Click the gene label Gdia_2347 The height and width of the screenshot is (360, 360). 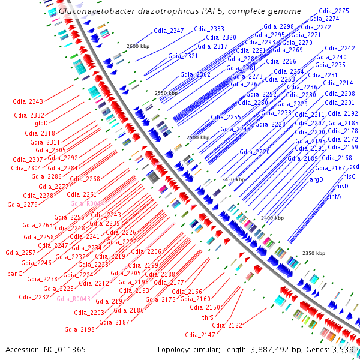click(169, 31)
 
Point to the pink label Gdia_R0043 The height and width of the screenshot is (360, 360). click(73, 298)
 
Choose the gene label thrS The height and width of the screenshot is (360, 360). click(208, 317)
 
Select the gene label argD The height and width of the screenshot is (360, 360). click(316, 179)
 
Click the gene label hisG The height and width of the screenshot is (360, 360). click(350, 176)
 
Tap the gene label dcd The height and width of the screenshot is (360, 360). click(354, 166)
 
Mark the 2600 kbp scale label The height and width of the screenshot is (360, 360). click(137, 46)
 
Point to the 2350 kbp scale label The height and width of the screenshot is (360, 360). click(313, 253)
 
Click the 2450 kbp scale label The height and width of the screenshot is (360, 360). click(233, 179)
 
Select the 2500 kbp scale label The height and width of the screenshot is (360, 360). click(198, 137)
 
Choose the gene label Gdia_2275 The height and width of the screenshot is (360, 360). click(334, 11)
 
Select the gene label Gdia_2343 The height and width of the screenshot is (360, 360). click(28, 101)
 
